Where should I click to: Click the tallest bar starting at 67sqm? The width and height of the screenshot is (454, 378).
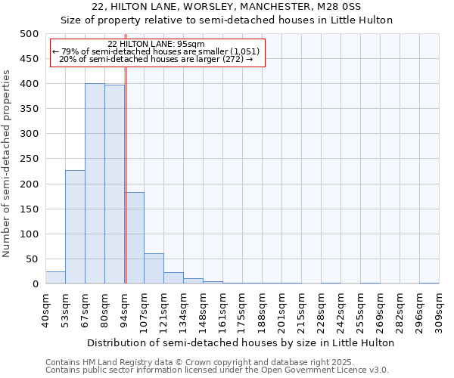click(x=95, y=184)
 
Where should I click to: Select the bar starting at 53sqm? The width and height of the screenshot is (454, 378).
click(x=75, y=227)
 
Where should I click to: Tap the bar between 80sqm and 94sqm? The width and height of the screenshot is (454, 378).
click(x=114, y=184)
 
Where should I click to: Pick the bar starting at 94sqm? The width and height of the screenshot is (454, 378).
click(x=134, y=238)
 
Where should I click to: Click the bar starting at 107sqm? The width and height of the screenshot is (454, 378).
click(x=154, y=268)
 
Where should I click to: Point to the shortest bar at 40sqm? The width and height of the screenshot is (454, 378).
click(x=55, y=277)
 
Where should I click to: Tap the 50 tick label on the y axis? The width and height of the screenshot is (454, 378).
click(x=32, y=259)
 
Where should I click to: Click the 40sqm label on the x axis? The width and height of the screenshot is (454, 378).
click(x=46, y=308)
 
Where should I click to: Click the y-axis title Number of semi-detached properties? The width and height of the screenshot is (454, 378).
click(x=8, y=163)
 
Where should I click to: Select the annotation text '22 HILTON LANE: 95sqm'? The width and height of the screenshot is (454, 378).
click(x=157, y=44)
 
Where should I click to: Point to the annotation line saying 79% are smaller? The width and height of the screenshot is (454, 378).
click(x=157, y=51)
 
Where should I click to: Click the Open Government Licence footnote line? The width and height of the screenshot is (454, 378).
click(x=217, y=370)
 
